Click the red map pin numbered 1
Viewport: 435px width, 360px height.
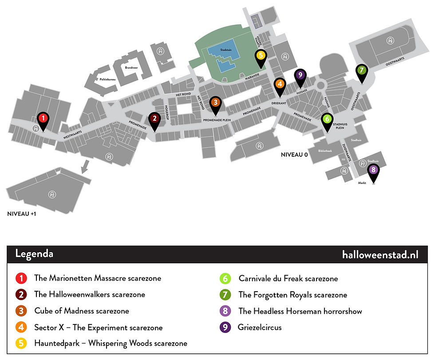43,119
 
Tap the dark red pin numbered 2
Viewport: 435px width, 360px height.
154,119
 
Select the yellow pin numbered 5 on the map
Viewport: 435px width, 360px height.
261,56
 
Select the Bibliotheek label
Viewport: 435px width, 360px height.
325,151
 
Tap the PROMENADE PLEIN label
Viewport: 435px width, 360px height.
217,120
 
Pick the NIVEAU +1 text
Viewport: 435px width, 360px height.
22,214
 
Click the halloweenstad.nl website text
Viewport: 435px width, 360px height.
380,254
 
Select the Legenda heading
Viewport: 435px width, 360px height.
34,254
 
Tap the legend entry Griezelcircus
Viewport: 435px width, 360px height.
260,328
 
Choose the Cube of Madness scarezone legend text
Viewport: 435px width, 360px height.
82,311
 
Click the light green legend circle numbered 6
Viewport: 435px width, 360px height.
225,279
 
